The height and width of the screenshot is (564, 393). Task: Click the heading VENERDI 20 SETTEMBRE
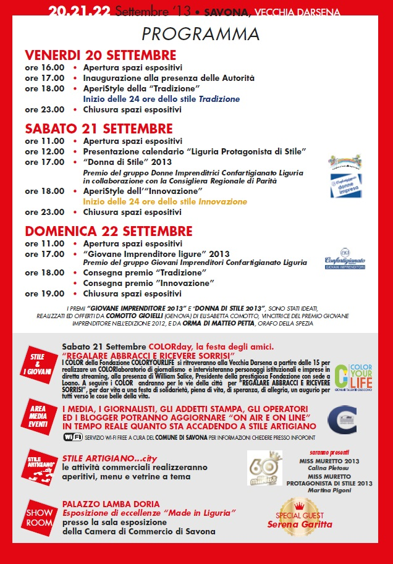tap(101, 55)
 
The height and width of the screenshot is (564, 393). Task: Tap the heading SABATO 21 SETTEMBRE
tap(99, 128)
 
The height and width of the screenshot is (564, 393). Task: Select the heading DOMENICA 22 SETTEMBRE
tap(108, 231)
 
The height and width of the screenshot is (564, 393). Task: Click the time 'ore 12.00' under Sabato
tap(44, 151)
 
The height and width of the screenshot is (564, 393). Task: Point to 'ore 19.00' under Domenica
tap(44, 293)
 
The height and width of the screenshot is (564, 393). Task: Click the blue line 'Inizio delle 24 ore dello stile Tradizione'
tap(161, 99)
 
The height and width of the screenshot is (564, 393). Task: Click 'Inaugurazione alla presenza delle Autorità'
tap(169, 78)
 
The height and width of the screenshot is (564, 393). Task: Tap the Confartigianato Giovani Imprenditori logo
tap(345, 263)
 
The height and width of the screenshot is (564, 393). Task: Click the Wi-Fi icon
tap(73, 437)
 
